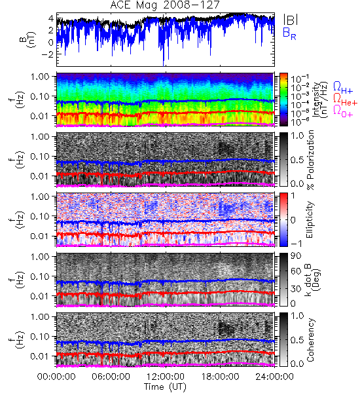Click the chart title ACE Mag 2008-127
(x=165, y=5)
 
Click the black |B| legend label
(x=291, y=19)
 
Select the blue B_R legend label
(x=290, y=33)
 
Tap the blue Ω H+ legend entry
(x=343, y=88)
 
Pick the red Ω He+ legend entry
(x=345, y=100)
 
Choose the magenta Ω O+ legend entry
(x=343, y=111)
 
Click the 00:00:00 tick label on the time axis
(x=56, y=377)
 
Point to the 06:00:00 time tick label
(x=111, y=377)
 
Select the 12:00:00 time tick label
(x=166, y=377)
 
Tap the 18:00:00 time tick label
(x=220, y=377)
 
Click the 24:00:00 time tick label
(x=274, y=377)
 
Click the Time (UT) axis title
(x=166, y=386)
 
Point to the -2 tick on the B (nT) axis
(x=47, y=54)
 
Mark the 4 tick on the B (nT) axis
(x=51, y=18)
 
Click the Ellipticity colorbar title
(x=310, y=219)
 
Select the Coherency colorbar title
(x=310, y=340)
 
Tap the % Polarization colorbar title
(x=310, y=160)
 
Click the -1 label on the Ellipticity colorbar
(x=296, y=244)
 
